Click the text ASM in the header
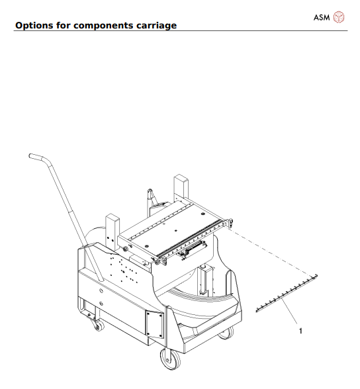coord(322,17)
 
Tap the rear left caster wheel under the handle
coord(98,325)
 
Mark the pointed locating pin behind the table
coord(150,196)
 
